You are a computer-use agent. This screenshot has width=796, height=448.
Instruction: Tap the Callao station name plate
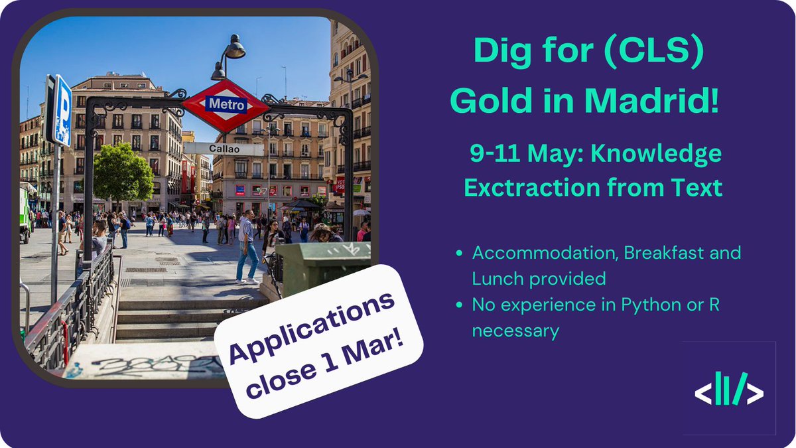pos(224,149)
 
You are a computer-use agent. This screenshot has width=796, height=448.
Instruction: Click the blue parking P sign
pos(61,110)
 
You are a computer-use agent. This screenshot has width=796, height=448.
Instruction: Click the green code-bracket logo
pos(728,389)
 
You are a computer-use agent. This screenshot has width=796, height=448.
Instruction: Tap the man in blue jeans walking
pos(247,246)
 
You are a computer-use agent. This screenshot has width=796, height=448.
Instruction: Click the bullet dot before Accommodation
pos(460,254)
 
